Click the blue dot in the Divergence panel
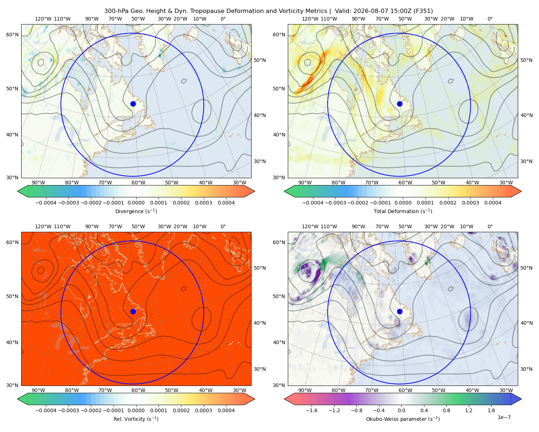pos(133,104)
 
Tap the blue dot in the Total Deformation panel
pos(400,104)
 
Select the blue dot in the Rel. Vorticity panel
pos(133,311)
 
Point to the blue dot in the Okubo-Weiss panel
pos(400,311)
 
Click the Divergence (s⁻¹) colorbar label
pos(136,211)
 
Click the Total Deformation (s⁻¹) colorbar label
pos(403,211)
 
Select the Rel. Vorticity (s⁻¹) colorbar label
pos(136,419)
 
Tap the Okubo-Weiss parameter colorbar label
pos(403,419)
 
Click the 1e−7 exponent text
pos(504,417)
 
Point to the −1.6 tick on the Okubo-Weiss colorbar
pos(312,410)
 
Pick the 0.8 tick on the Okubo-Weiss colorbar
pos(446,410)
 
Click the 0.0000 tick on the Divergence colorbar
pos(136,203)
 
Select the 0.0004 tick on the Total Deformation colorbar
pos(493,203)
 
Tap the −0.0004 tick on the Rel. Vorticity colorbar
pos(46,410)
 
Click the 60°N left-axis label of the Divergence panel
pos(12,35)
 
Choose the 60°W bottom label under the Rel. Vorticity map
pos(138,390)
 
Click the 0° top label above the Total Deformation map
pos(490,19)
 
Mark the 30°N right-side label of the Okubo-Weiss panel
pos(526,369)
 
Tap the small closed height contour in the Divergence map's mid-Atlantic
pos(184,81)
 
